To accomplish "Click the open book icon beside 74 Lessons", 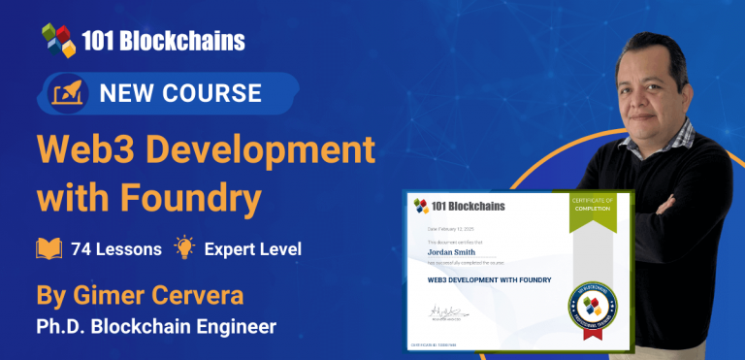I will point(49,248).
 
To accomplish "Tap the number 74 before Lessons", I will point(81,248).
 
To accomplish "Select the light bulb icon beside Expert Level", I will point(183,247).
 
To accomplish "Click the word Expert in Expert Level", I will point(228,248).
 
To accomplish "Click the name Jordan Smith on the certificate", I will point(454,249).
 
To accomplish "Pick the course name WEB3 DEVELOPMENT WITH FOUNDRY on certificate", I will point(490,280).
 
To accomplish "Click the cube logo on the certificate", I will point(422,207).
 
